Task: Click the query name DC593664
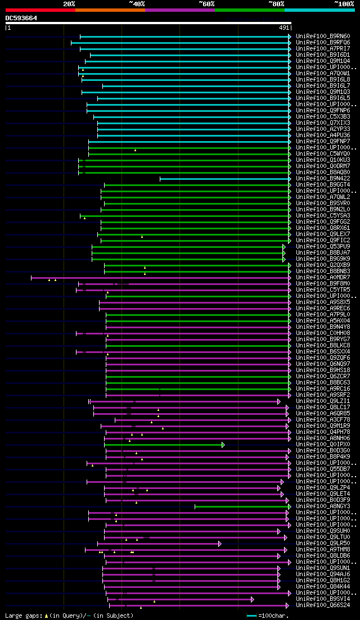click(x=21, y=18)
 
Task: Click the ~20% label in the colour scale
click(x=69, y=4)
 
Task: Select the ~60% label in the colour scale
click(x=206, y=4)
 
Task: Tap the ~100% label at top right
click(x=344, y=4)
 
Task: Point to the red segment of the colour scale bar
click(x=40, y=10)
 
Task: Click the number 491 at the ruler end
click(x=284, y=27)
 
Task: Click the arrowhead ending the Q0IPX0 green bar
click(x=223, y=445)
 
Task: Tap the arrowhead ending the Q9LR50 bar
click(x=220, y=544)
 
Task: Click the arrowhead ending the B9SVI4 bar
click(x=253, y=599)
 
